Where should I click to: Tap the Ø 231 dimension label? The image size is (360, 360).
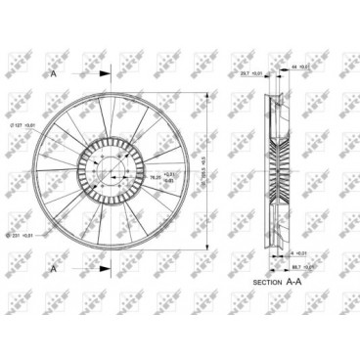22,235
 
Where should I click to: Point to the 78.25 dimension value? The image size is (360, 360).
127,176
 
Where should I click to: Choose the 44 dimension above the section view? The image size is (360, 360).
302,66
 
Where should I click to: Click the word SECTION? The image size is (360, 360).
267,281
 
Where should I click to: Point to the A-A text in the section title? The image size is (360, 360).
292,281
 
